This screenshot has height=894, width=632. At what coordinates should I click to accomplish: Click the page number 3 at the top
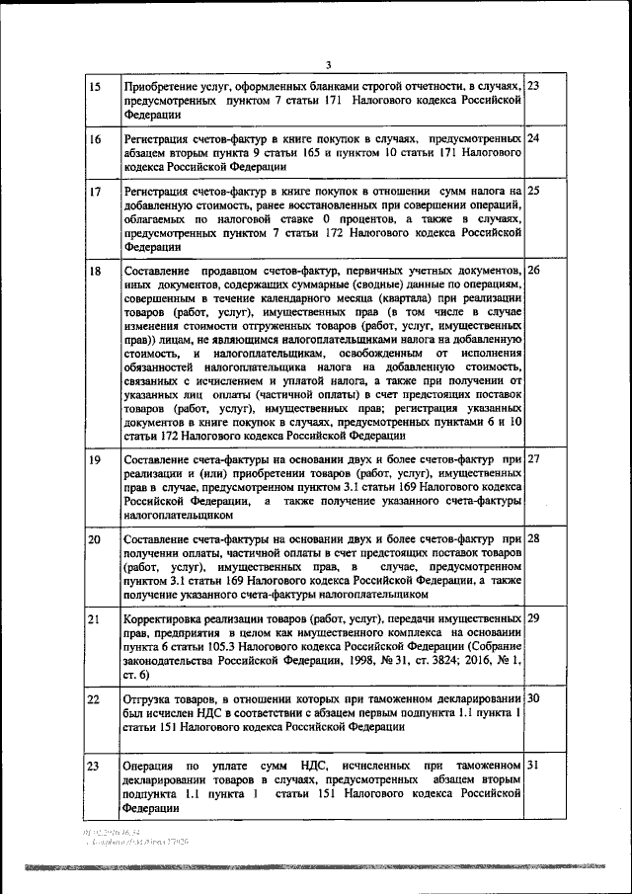pyautogui.click(x=329, y=65)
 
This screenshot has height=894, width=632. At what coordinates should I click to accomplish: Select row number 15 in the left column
pyautogui.click(x=95, y=87)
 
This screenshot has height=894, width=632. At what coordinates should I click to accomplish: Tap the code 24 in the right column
pyautogui.click(x=533, y=138)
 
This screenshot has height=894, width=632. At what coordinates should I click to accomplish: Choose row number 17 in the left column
pyautogui.click(x=95, y=191)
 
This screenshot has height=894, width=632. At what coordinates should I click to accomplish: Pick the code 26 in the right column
pyautogui.click(x=533, y=270)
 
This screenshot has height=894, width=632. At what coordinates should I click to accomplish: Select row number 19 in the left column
pyautogui.click(x=95, y=460)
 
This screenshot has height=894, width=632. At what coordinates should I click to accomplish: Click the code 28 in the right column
pyautogui.click(x=533, y=538)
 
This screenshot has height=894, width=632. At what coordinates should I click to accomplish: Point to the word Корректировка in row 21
pyautogui.click(x=163, y=618)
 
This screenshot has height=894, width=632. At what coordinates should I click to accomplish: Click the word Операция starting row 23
pyautogui.click(x=151, y=766)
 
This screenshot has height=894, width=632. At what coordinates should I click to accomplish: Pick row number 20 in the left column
pyautogui.click(x=95, y=539)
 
